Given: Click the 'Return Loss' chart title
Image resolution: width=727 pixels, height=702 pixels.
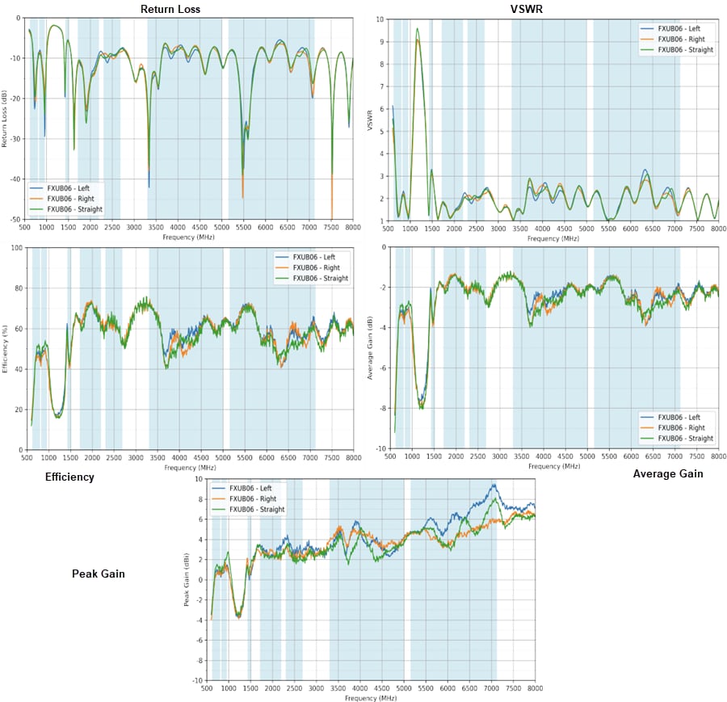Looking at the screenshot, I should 170,9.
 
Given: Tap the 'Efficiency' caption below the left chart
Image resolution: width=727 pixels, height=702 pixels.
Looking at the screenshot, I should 69,477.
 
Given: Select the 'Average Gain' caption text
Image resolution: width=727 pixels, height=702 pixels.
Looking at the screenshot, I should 668,473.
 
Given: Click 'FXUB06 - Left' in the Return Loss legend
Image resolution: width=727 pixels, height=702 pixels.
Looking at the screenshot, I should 74,187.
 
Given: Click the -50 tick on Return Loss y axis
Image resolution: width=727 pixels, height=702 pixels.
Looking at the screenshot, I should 18,219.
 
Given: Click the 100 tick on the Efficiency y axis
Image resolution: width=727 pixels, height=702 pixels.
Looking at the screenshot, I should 15,247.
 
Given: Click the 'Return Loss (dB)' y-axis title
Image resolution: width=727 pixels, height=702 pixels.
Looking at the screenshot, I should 5,120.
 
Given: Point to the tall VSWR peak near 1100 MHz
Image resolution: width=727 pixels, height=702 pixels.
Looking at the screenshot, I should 418,29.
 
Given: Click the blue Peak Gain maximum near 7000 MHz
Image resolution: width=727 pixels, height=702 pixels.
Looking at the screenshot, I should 493,485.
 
